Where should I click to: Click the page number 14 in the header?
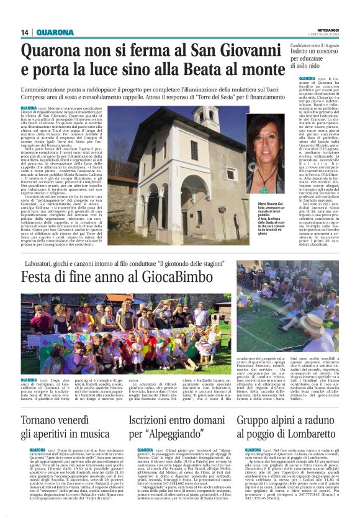[x=25, y=32]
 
